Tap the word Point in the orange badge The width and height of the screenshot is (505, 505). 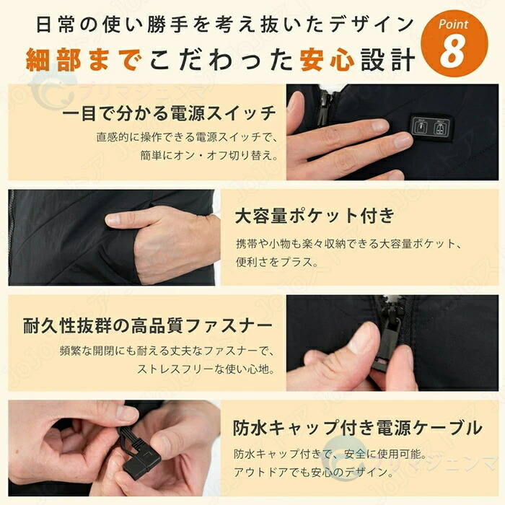coord(454,24)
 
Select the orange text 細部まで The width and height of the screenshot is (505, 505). coord(84,60)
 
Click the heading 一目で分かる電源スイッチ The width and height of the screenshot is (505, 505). coord(170,113)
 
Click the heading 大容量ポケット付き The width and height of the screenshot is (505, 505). coord(315,216)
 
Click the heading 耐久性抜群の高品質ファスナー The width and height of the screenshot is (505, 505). coord(148,325)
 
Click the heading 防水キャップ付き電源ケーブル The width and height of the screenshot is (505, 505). coord(358,428)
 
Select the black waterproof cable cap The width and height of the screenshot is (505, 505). coord(141,464)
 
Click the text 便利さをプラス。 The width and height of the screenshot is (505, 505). coord(277,262)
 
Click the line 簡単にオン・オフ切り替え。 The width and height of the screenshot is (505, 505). coord(209,156)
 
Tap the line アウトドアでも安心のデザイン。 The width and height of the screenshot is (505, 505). coord(315,472)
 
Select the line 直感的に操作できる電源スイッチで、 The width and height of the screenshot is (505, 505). coord(187,137)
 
